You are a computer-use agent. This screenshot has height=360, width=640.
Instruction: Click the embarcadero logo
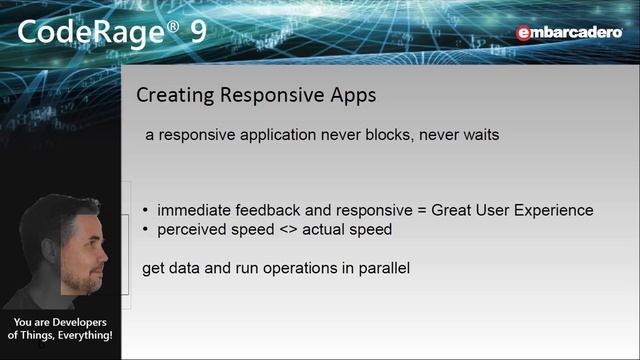click(x=568, y=33)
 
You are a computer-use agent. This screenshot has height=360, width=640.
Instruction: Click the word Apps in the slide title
click(x=350, y=97)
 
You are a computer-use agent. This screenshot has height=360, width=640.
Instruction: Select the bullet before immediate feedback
click(x=147, y=211)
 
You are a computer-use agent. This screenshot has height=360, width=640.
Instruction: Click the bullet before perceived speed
click(x=147, y=230)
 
